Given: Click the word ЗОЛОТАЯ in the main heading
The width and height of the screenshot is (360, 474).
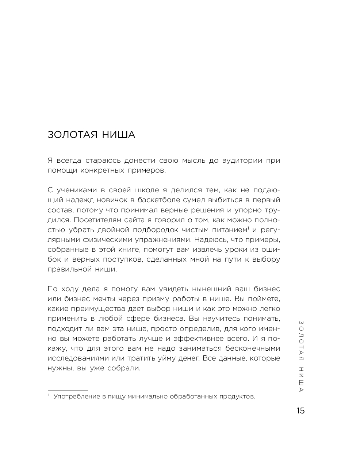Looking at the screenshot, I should [x=73, y=135].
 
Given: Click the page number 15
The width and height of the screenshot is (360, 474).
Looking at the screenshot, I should [x=300, y=411].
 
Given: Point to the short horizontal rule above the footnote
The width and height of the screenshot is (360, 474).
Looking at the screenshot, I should [x=68, y=390].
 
